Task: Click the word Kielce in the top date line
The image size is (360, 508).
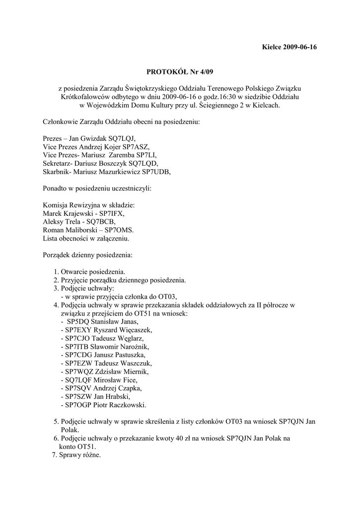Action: (x=272, y=48)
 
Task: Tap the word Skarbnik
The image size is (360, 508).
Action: (x=57, y=172)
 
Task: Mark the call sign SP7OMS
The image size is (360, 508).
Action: (x=118, y=230)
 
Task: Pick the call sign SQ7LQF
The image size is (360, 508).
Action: (x=75, y=380)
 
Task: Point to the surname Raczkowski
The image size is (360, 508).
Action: (x=123, y=405)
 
